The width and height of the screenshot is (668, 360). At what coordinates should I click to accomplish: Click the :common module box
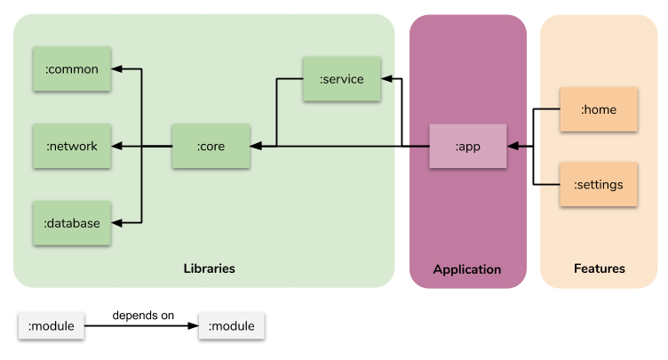pyautogui.click(x=71, y=68)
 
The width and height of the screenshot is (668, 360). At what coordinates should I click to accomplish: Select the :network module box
pyautogui.click(x=71, y=146)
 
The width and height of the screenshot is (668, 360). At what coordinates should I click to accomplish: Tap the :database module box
pyautogui.click(x=71, y=222)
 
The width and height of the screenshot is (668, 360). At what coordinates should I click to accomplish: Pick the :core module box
pyautogui.click(x=211, y=146)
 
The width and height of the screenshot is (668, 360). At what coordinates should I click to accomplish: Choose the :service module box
pyautogui.click(x=341, y=79)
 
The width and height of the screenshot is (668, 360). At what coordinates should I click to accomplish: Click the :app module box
pyautogui.click(x=467, y=146)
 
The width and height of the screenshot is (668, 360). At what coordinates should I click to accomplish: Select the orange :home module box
pyautogui.click(x=598, y=109)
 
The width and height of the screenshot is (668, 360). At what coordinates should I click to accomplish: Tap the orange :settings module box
pyautogui.click(x=598, y=185)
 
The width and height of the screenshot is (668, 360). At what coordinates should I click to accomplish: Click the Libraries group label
pyautogui.click(x=209, y=268)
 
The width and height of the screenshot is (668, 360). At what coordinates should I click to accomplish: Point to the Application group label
pyautogui.click(x=466, y=269)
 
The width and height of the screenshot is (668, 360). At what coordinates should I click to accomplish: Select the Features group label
pyautogui.click(x=599, y=268)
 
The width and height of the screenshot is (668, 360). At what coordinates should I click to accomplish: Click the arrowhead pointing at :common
pyautogui.click(x=116, y=68)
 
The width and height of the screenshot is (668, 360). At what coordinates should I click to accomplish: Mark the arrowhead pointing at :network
pyautogui.click(x=116, y=146)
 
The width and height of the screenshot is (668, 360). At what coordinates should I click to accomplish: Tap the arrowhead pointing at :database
pyautogui.click(x=116, y=222)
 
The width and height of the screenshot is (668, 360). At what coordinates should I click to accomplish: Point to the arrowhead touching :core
pyautogui.click(x=256, y=146)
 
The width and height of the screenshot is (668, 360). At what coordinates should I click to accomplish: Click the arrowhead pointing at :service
pyautogui.click(x=386, y=79)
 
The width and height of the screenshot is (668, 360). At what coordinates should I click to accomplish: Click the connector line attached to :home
pyautogui.click(x=550, y=109)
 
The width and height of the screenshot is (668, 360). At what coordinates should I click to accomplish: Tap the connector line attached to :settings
pyautogui.click(x=550, y=185)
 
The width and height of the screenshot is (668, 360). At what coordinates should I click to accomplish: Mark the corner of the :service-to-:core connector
pyautogui.click(x=277, y=79)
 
